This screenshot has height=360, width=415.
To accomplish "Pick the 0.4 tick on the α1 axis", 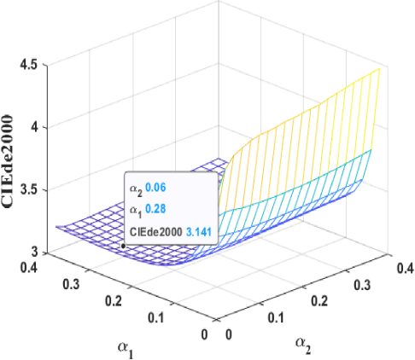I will (x=31, y=269).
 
